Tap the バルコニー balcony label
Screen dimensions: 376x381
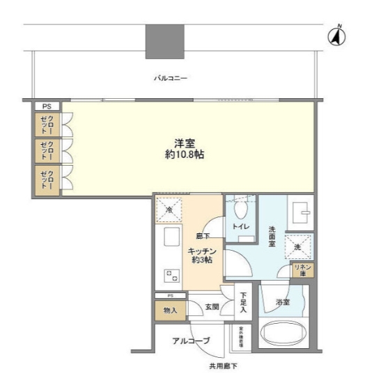[171, 79]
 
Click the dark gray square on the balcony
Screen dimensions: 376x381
[164, 41]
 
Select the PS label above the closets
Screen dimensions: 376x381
[47, 106]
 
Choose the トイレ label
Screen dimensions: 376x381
[241, 226]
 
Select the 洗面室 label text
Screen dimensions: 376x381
[273, 236]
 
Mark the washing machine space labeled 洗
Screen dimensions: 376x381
[298, 246]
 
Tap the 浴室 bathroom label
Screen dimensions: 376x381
[283, 302]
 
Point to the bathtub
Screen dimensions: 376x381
[283, 334]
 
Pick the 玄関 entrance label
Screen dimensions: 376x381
[212, 305]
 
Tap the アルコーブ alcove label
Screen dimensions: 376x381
[192, 340]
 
